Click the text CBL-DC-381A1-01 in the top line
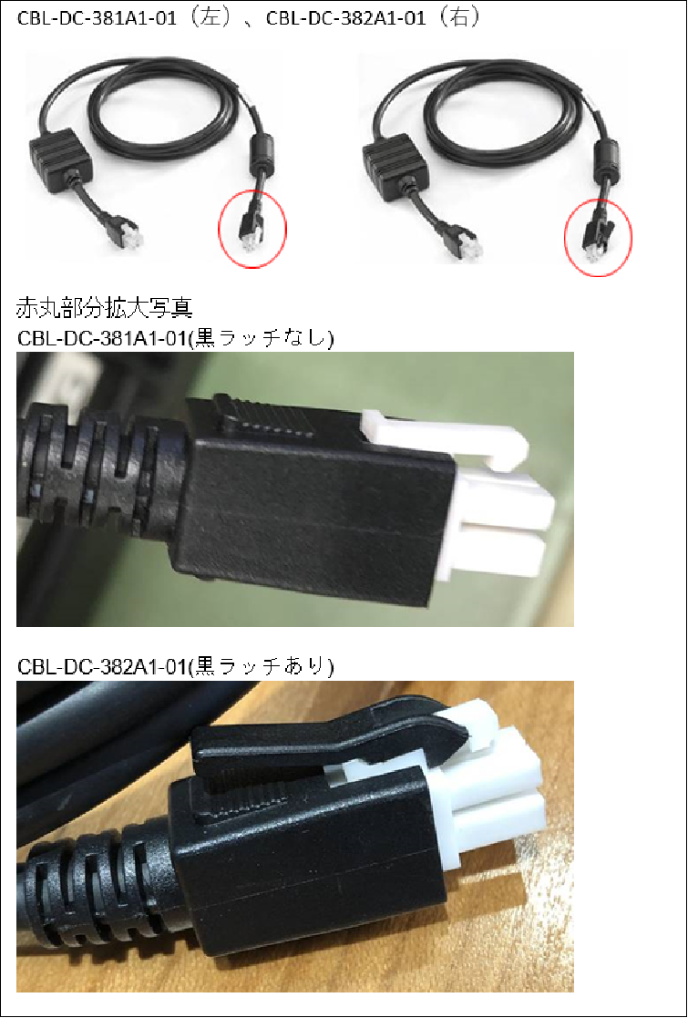click(78, 19)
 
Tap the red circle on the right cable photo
click(598, 234)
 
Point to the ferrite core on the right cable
click(603, 151)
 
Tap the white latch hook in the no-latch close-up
click(456, 434)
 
